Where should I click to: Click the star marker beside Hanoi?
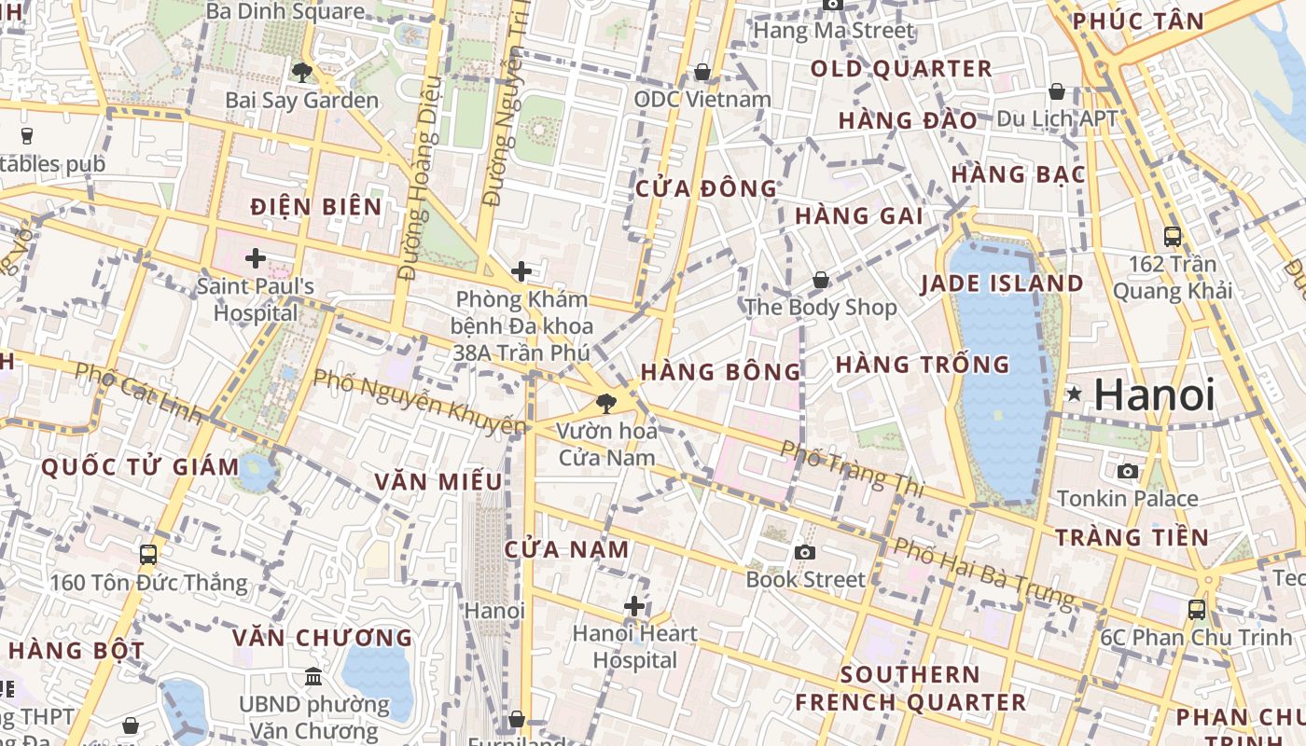1075,394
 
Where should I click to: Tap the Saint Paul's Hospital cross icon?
256,258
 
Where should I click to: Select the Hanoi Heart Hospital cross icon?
634,607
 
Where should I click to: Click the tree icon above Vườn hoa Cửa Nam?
606,404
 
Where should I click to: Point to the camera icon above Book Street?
805,552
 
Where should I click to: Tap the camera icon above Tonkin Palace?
1128,471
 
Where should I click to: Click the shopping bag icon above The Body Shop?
821,280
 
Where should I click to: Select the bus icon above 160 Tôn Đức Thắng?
148,555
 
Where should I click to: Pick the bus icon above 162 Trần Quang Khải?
1173,237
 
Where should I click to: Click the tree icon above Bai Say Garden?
301,72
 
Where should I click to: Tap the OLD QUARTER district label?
900,69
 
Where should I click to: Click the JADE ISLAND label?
1003,283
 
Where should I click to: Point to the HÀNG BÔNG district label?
721,371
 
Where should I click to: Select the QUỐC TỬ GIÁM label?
141,466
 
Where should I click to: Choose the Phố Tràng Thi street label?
852,468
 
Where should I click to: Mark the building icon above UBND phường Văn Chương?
313,676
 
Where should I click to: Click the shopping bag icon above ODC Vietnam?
702,72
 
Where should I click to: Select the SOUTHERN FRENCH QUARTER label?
910,688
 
